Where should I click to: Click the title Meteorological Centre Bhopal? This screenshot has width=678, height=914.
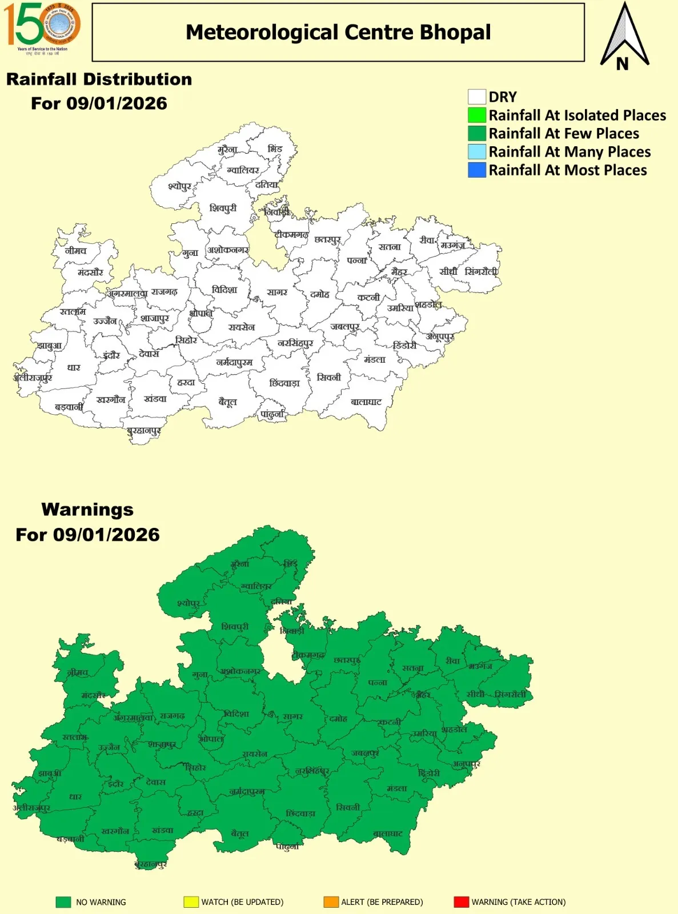(x=338, y=33)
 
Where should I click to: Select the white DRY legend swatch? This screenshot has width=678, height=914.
(x=476, y=97)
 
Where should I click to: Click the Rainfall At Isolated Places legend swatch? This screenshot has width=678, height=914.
(x=476, y=115)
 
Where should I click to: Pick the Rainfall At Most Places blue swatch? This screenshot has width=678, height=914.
(x=476, y=170)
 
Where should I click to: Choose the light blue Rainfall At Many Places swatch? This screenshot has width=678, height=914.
(x=476, y=151)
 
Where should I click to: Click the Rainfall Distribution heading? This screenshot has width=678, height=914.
(x=99, y=79)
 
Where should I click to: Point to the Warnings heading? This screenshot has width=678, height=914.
(x=87, y=509)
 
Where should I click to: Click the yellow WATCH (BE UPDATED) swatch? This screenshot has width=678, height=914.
(x=191, y=902)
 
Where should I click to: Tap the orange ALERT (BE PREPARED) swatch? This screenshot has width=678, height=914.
(x=331, y=902)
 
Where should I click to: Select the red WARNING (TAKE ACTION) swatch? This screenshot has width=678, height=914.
(x=461, y=902)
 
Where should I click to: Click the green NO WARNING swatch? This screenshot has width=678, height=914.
(x=63, y=902)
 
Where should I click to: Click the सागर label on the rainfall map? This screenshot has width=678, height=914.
(x=277, y=292)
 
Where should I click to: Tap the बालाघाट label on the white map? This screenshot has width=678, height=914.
(x=366, y=402)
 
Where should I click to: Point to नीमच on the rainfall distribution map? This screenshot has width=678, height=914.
(x=75, y=251)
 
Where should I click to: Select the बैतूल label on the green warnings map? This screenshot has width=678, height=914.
(x=240, y=833)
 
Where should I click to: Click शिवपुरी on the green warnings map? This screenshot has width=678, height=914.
(x=235, y=627)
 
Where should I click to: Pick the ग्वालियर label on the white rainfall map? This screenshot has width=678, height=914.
(x=243, y=170)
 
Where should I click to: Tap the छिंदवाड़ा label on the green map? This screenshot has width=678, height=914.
(x=300, y=813)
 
